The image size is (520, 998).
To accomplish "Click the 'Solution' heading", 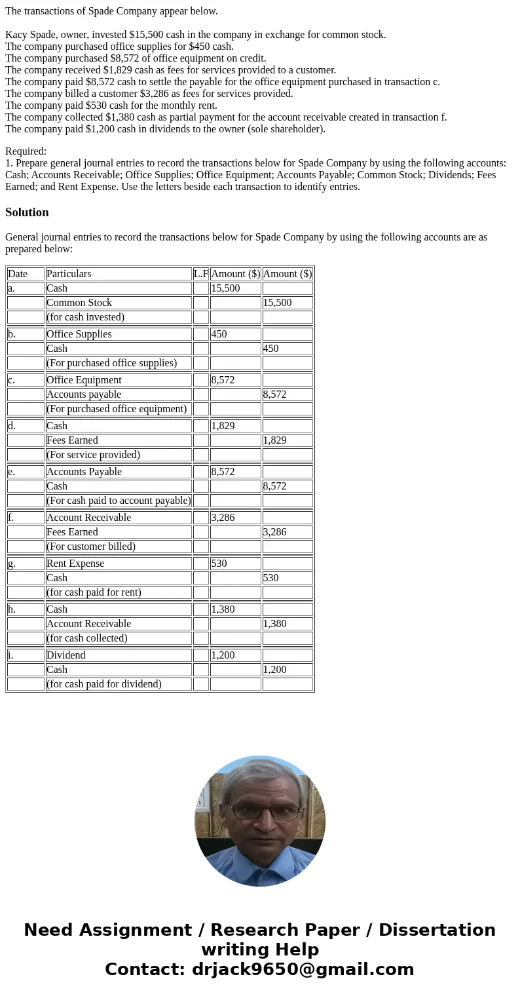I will pyautogui.click(x=27, y=212).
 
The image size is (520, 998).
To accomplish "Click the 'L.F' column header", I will pyautogui.click(x=200, y=274).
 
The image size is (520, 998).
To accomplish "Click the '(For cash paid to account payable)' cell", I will pyautogui.click(x=119, y=501).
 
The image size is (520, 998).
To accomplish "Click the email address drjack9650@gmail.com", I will pyautogui.click(x=303, y=970).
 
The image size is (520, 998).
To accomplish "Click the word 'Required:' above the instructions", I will pyautogui.click(x=26, y=151).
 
